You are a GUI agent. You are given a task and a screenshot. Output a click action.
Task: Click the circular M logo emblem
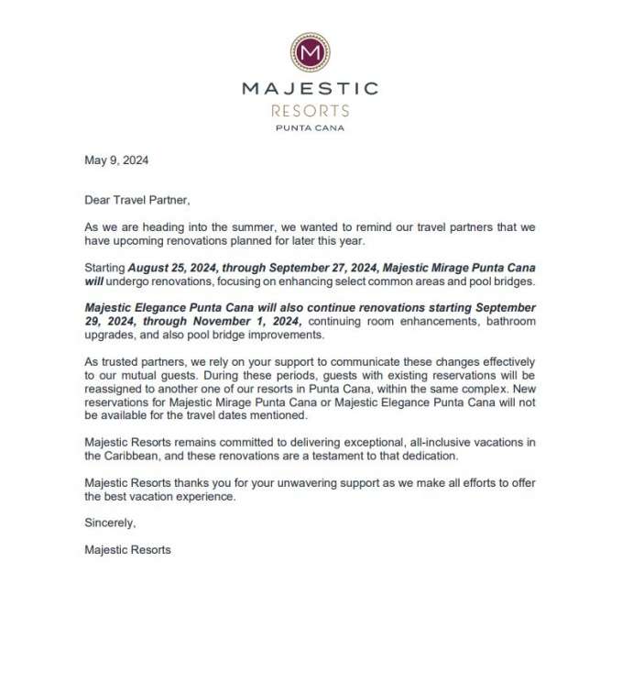click(310, 52)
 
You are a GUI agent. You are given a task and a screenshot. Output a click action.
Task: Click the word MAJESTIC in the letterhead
click(310, 89)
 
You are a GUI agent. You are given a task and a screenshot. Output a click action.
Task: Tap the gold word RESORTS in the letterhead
click(310, 111)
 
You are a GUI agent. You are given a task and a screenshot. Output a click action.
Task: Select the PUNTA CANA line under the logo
click(310, 128)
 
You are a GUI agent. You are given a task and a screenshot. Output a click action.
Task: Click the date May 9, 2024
click(116, 160)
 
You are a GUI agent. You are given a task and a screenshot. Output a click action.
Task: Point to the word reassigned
click(114, 388)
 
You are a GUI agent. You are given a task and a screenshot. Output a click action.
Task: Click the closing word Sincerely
click(110, 523)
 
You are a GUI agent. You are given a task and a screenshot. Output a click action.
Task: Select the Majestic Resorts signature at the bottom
click(127, 550)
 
